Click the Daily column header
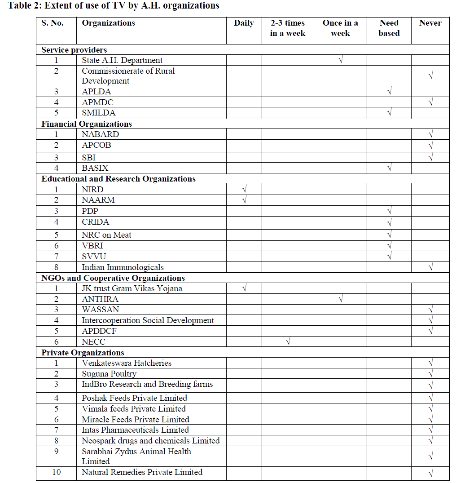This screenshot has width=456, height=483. click(x=244, y=23)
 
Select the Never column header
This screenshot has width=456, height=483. click(x=430, y=23)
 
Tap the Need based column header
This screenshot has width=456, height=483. click(x=389, y=28)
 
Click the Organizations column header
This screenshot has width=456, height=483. click(x=108, y=23)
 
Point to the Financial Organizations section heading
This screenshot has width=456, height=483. click(x=87, y=124)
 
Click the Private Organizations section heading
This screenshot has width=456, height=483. click(x=83, y=353)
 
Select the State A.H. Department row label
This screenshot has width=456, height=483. click(x=122, y=60)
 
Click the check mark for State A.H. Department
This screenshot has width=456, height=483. click(x=341, y=60)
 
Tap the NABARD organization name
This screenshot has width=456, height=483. click(x=100, y=134)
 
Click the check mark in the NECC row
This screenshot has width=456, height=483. click(x=288, y=342)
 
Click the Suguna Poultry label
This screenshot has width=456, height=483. click(x=109, y=374)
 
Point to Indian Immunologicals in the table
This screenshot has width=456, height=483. click(x=123, y=267)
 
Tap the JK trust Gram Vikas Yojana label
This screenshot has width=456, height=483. click(x=132, y=288)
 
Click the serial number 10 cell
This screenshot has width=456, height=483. click(x=57, y=472)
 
